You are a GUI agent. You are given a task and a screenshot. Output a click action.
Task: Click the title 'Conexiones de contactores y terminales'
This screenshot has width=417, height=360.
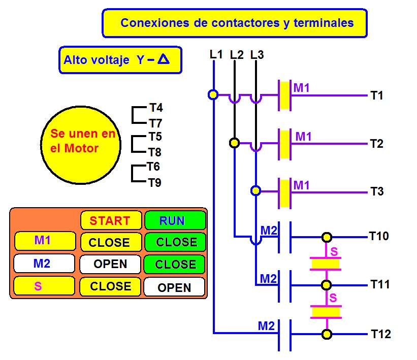click(x=237, y=23)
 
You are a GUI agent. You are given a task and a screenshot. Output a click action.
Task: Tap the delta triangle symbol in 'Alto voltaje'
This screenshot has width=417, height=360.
click(x=164, y=59)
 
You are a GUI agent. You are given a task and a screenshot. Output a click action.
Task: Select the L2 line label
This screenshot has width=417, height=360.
click(x=237, y=55)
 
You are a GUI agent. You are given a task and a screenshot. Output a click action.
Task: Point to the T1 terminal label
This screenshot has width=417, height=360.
click(x=376, y=95)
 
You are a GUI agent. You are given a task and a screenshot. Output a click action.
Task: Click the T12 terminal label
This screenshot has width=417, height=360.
click(x=381, y=334)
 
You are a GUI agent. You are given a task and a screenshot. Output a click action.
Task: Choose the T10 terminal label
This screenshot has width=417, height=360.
click(x=379, y=236)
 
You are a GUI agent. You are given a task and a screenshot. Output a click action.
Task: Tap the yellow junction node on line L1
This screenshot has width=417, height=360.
click(x=213, y=94)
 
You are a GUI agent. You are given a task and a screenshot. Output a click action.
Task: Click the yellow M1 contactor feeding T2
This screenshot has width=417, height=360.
click(x=284, y=144)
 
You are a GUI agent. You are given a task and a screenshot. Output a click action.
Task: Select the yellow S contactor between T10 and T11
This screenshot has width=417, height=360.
click(x=326, y=264)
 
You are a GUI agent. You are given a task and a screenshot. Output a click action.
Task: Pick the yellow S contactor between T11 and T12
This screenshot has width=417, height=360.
click(x=326, y=312)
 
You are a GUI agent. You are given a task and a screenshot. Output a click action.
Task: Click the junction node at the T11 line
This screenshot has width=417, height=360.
click(x=326, y=285)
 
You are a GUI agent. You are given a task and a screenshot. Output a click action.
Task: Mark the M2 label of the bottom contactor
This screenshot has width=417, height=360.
click(x=266, y=326)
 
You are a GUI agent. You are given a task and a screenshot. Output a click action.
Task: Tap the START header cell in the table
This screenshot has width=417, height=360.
click(x=111, y=220)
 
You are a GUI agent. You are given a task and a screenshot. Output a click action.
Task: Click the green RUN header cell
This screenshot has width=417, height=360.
click(x=175, y=220)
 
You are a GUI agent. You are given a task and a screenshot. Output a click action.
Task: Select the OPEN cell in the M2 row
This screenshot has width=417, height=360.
click(x=110, y=264)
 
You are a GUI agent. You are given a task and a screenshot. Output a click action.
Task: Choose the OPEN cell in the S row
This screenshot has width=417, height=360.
click(x=174, y=287)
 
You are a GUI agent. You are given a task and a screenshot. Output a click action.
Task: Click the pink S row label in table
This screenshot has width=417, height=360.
click(x=38, y=286)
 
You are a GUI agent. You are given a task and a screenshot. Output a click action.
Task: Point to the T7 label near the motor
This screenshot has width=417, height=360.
click(x=155, y=123)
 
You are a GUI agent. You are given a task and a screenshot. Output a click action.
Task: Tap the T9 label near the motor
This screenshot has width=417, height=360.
click(x=155, y=183)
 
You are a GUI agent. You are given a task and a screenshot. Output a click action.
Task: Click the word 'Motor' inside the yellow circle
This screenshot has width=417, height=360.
click(x=81, y=148)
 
